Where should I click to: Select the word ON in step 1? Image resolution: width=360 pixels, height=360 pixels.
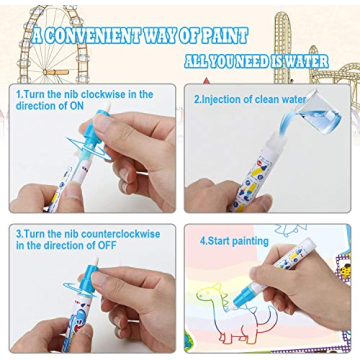(x=76, y=106)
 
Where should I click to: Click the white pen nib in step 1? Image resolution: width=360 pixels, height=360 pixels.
(x=107, y=107)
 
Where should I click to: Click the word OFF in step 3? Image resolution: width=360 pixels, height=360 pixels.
(x=107, y=246)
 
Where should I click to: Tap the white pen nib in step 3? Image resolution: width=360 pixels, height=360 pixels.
(x=94, y=261)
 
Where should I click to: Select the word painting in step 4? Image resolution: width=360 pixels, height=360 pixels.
(x=250, y=242)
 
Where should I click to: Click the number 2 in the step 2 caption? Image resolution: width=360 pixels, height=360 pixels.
(x=197, y=99)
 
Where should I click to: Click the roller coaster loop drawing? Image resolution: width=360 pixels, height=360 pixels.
(x=283, y=47)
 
